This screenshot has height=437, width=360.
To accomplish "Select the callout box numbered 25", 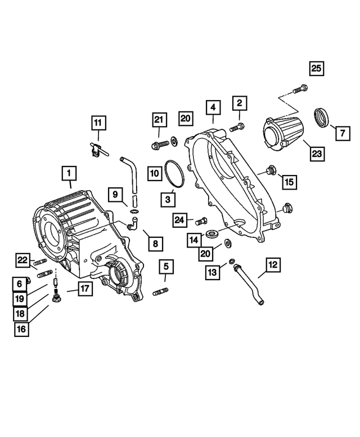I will pyautogui.click(x=316, y=70).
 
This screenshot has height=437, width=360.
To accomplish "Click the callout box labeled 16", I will pyautogui.click(x=21, y=330).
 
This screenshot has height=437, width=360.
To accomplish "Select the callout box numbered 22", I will pyautogui.click(x=22, y=259).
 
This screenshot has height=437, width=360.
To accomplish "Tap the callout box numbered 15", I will pyautogui.click(x=288, y=181).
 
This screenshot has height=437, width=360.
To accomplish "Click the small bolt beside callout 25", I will pyautogui.click(x=300, y=88).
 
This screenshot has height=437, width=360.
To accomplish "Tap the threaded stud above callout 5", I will pyautogui.click(x=160, y=291).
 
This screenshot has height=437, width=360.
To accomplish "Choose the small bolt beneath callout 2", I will pyautogui.click(x=239, y=126).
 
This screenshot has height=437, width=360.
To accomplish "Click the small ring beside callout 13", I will pyautogui.click(x=232, y=261).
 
